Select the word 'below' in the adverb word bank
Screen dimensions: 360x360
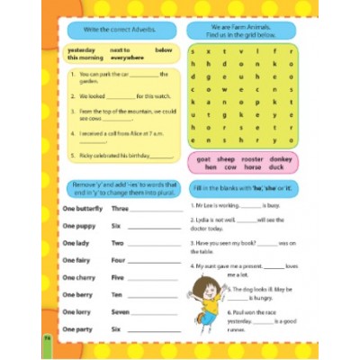163,49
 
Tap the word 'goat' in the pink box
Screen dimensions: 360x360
202,157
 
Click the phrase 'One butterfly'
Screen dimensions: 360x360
82,208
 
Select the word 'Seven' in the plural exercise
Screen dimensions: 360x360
120,311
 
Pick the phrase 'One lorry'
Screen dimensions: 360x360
76,311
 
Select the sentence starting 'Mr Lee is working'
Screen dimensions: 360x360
236,205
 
